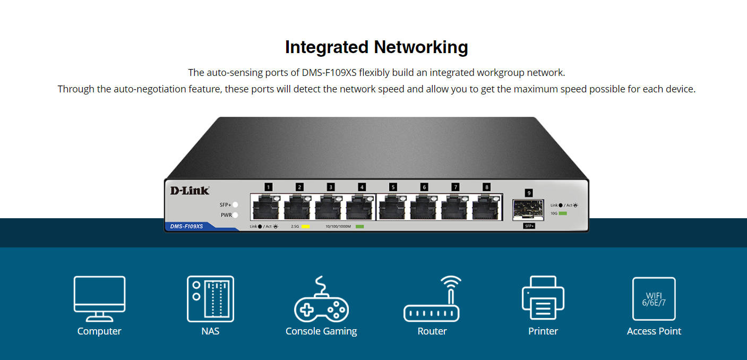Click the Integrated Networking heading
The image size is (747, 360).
(x=376, y=47)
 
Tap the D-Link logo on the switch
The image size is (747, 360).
(x=190, y=191)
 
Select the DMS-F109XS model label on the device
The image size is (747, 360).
(x=186, y=226)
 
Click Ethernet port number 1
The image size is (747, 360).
(x=268, y=207)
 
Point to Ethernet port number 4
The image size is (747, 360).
(x=361, y=207)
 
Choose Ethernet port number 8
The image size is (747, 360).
(x=486, y=207)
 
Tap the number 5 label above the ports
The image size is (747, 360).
(x=393, y=187)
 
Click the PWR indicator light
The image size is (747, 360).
(x=235, y=215)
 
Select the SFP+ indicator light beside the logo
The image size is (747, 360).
(x=235, y=204)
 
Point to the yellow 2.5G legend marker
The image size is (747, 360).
(x=305, y=227)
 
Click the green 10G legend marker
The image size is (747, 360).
(x=563, y=213)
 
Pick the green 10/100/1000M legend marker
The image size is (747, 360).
(x=359, y=227)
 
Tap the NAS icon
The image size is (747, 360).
(x=210, y=298)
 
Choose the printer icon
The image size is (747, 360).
(x=543, y=298)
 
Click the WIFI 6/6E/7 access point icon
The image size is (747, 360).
(x=654, y=298)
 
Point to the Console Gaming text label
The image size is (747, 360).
(x=321, y=331)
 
